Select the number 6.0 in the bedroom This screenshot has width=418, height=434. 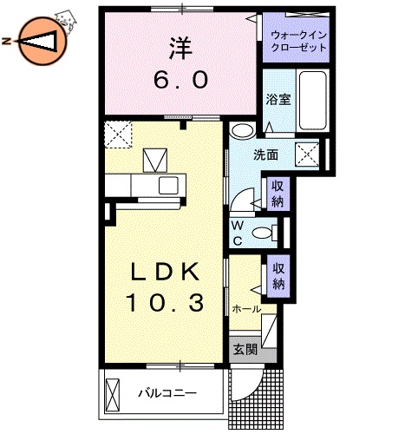click(181, 81)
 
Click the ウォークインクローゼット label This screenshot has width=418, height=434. click(298, 41)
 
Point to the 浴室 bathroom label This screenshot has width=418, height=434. click(278, 99)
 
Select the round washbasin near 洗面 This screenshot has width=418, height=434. click(244, 132)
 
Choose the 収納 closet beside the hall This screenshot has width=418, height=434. click(278, 276)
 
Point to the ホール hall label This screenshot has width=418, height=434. click(246, 308)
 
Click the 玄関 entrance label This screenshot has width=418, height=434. click(245, 350)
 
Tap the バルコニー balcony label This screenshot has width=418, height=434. click(167, 393)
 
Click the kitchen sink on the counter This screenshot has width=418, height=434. click(170, 185)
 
